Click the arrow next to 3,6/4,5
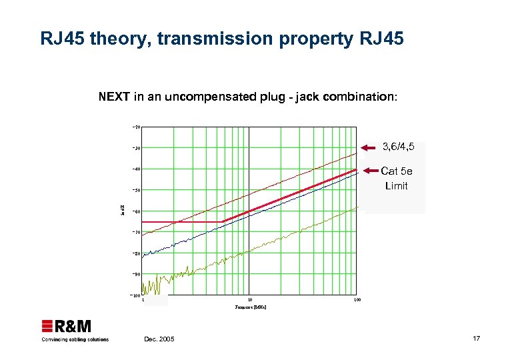369,147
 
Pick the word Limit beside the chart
396,185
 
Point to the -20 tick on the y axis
135,127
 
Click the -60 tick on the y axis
135,211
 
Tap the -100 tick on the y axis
135,295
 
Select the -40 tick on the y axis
135,169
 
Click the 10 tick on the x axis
249,301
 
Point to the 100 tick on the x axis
357,301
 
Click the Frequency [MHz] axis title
250,309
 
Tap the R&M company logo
67,326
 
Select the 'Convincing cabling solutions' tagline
75,339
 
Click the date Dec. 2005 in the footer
159,339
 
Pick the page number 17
476,339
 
